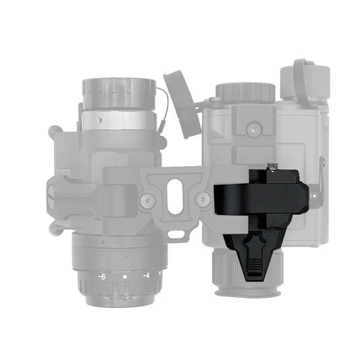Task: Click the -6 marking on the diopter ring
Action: (102, 277)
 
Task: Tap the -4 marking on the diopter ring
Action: (147, 276)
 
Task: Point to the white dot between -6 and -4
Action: (125, 277)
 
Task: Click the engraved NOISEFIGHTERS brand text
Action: (74, 199)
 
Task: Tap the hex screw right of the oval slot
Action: (203, 198)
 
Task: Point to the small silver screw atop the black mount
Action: (272, 167)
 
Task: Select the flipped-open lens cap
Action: (180, 104)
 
